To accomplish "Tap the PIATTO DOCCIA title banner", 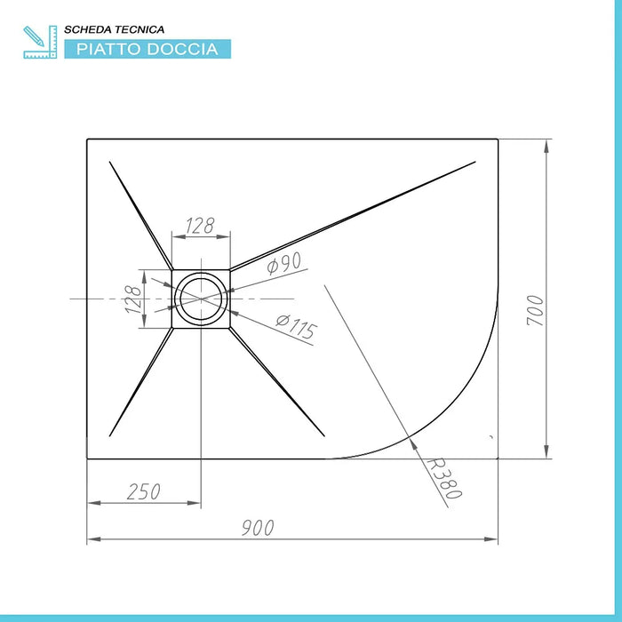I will [x=147, y=49].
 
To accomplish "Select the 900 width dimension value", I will [x=258, y=528].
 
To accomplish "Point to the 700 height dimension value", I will [x=534, y=310].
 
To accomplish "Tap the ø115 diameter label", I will [x=296, y=329].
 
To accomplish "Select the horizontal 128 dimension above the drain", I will [x=202, y=226].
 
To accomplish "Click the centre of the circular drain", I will [x=202, y=299].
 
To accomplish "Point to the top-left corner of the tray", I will [x=87, y=140].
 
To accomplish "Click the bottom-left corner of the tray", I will [x=87, y=459].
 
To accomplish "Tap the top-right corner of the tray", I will [x=498, y=140].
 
